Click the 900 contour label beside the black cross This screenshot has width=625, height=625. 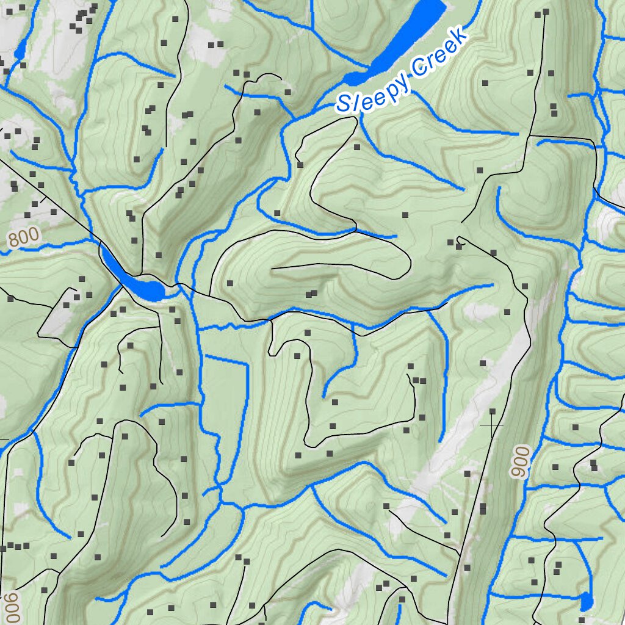[x=521, y=463]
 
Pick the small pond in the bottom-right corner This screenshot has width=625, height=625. [x=586, y=601]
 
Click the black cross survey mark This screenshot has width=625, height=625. [x=492, y=424]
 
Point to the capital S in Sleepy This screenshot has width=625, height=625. [x=344, y=103]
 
